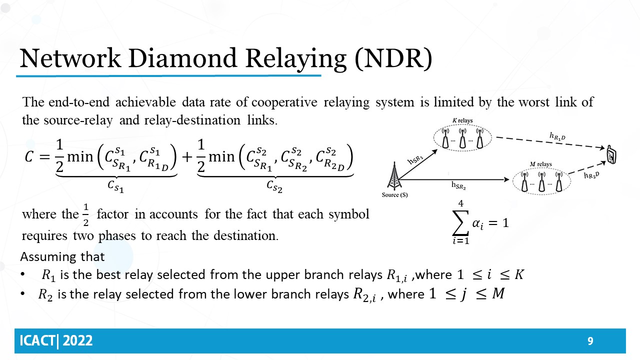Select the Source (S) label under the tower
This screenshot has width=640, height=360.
coord(394,195)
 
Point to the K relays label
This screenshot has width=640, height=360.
coord(462,121)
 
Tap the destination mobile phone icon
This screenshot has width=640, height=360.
coord(611,155)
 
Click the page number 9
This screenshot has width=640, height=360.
coord(590,341)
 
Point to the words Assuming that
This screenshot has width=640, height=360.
coord(62,257)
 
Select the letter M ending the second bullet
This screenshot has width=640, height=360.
coord(498,294)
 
